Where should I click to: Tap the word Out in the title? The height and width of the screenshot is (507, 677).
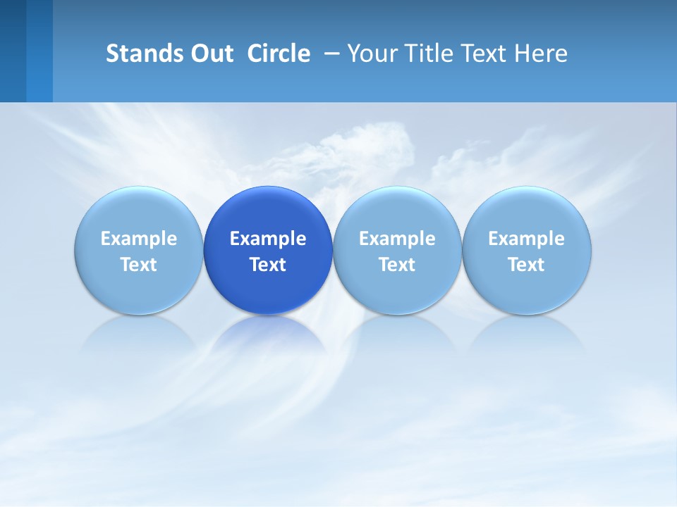coord(210,54)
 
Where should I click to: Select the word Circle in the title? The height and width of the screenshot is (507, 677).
coord(279,54)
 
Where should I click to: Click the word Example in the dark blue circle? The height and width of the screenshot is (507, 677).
coord(268,239)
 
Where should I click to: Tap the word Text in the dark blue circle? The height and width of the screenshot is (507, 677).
coord(268,265)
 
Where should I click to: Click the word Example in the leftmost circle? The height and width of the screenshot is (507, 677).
coord(139,239)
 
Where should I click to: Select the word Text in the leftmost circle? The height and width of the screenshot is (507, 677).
coord(139,265)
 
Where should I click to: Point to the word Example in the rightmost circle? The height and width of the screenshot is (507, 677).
coord(527,239)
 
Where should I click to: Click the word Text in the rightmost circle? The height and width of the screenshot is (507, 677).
coord(527,265)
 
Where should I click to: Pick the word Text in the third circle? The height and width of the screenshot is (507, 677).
coord(397,265)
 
